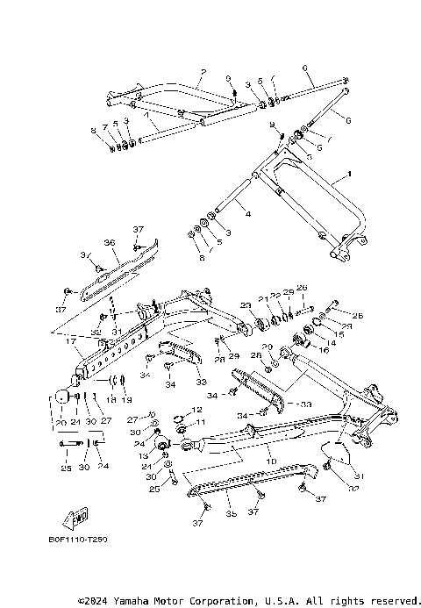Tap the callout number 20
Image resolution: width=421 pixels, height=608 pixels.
[61, 422]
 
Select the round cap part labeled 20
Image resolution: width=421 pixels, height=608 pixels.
[62, 396]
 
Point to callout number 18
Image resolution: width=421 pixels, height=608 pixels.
[111, 400]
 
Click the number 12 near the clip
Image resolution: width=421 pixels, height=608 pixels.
[197, 410]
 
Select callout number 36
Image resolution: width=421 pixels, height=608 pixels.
[111, 242]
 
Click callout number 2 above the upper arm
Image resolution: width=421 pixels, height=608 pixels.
[203, 70]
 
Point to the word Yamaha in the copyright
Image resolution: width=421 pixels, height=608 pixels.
[134, 602]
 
